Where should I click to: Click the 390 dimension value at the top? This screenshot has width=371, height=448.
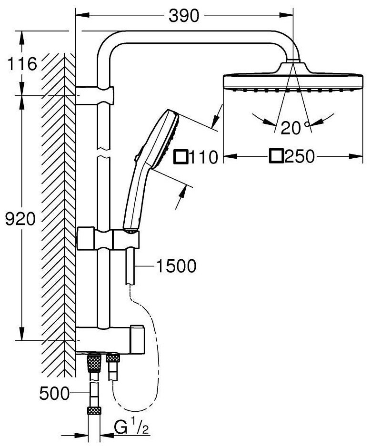click(184, 16)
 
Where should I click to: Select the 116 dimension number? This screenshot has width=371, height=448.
click(22, 64)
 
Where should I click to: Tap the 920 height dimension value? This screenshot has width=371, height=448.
click(20, 219)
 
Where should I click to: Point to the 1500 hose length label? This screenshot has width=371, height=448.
click(176, 266)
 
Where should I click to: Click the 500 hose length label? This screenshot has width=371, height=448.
click(54, 393)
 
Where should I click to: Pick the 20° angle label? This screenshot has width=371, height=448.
click(295, 127)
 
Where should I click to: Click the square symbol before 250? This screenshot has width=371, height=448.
click(276, 156)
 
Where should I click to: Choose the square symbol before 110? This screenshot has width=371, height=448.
click(181, 157)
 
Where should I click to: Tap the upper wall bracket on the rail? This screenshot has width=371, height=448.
click(95, 95)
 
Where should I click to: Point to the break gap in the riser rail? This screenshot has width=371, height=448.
click(104, 153)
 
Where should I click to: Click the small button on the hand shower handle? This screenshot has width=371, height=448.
click(137, 157)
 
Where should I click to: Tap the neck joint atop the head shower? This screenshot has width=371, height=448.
click(293, 61)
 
